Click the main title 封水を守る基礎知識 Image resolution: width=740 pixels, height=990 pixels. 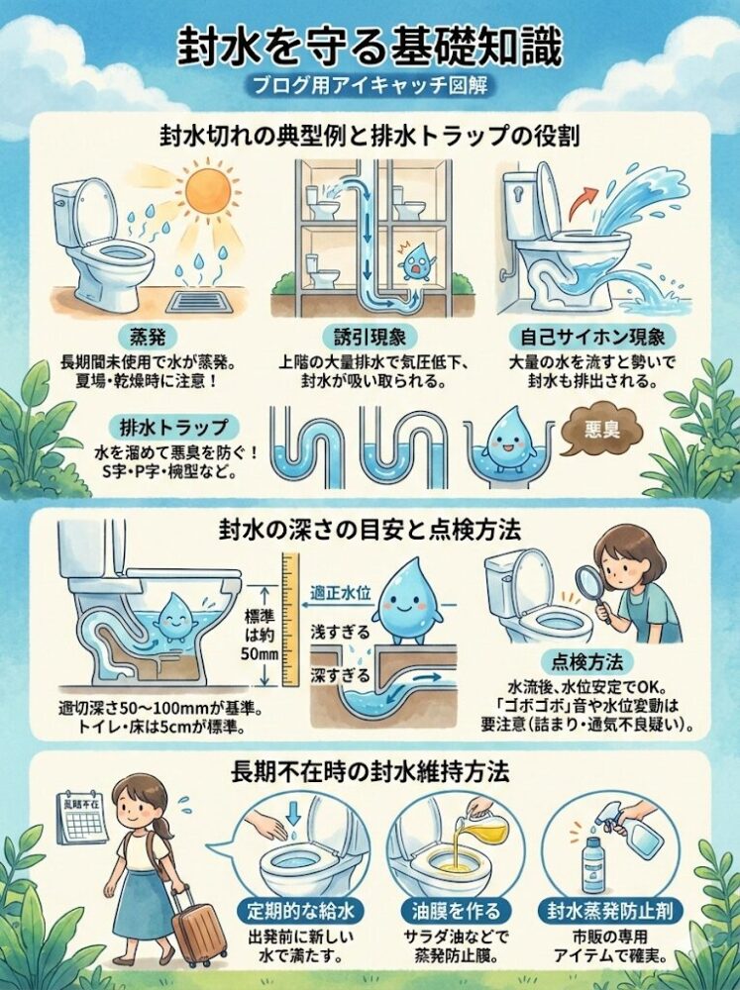(x=370, y=45)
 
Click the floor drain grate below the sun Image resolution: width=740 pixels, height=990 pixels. (x=210, y=296)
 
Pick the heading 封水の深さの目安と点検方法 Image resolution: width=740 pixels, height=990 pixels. (x=370, y=531)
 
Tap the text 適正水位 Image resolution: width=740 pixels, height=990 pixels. (x=340, y=589)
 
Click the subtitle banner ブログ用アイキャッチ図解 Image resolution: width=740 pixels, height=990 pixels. (x=370, y=85)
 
